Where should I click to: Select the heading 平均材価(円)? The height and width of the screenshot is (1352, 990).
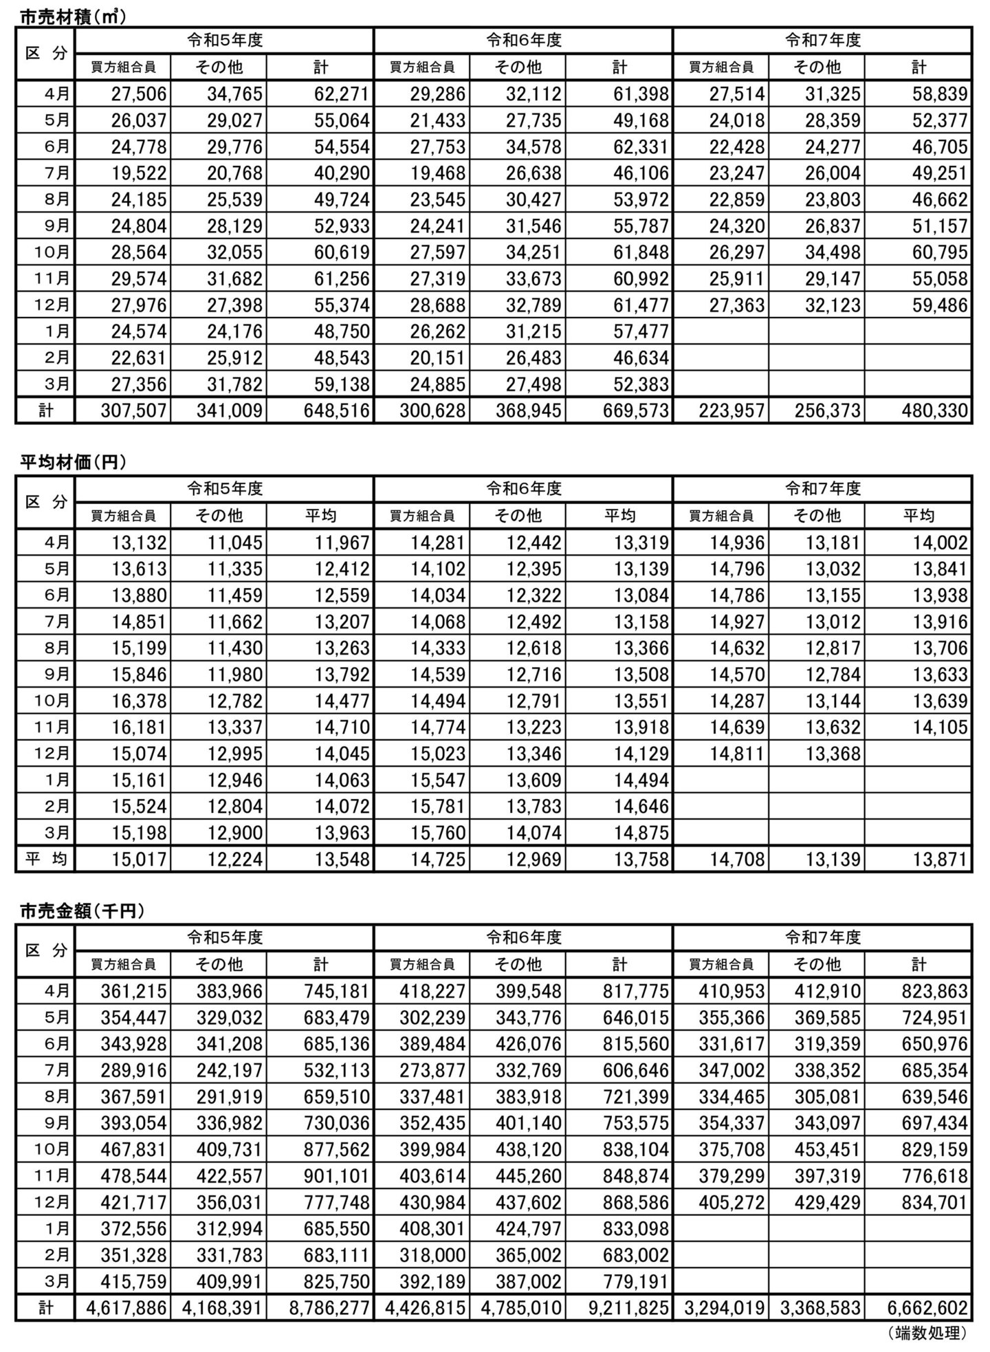click(73, 463)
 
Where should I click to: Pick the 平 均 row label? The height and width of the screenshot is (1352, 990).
click(45, 860)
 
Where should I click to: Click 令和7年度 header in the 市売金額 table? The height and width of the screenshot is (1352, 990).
click(823, 938)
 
